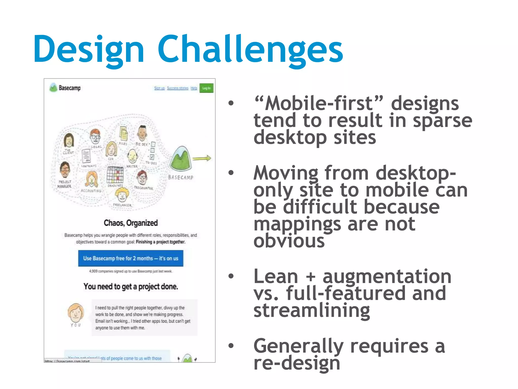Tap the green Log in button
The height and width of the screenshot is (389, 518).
point(206,88)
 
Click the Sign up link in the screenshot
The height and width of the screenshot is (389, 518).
point(159,88)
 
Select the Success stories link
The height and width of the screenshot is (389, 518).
point(178,88)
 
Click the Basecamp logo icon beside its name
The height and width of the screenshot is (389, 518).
point(53,88)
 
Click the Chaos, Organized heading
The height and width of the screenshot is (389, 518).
point(131,223)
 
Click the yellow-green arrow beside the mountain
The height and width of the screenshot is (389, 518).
point(202,159)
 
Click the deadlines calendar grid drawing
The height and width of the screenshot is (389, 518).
point(115,174)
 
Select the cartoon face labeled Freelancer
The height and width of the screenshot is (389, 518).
point(122,195)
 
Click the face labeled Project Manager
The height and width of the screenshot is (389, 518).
point(65,169)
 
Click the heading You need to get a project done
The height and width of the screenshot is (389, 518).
point(131,286)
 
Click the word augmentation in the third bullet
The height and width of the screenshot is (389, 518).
point(387,277)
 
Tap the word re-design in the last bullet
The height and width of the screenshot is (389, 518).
point(297,363)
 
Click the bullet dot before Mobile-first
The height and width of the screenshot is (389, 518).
point(231,103)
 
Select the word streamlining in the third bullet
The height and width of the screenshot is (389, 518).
point(312,310)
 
